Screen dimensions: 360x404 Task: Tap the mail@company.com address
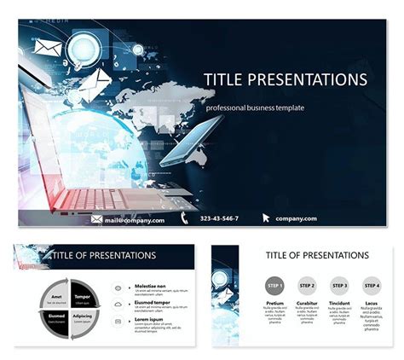[x=135, y=219]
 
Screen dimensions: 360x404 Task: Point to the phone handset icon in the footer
[x=184, y=218]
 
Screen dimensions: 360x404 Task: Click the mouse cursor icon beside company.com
[x=266, y=218]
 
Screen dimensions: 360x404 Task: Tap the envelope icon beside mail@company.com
[x=97, y=219]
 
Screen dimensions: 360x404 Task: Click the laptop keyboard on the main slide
[x=94, y=198]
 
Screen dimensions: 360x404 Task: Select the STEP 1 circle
[x=274, y=286]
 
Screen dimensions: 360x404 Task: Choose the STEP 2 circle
[x=307, y=286]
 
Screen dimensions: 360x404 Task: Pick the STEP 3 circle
[x=339, y=286]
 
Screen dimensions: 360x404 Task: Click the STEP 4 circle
[x=372, y=286]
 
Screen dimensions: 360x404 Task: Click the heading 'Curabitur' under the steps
[x=307, y=302]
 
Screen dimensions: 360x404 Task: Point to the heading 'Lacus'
[x=372, y=302]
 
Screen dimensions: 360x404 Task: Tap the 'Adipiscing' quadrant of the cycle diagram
[x=82, y=318]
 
